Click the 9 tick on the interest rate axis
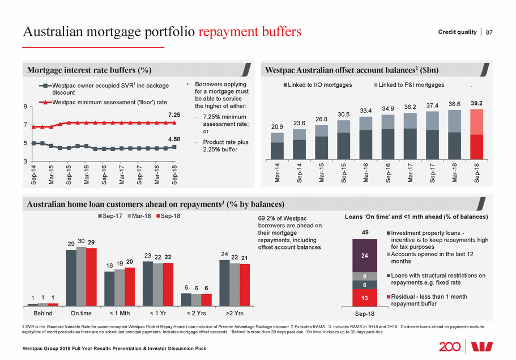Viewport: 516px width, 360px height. click(x=25, y=107)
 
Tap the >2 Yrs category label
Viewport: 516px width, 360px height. click(x=234, y=313)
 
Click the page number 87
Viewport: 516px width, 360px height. click(x=490, y=32)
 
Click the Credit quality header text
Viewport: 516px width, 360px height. click(x=457, y=32)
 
